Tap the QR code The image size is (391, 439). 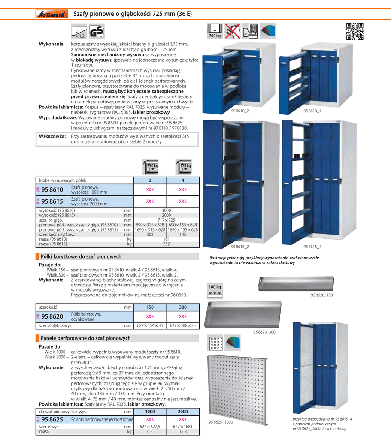pyautogui.click(x=355, y=31)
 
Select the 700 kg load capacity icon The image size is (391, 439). pyautogui.click(x=214, y=31)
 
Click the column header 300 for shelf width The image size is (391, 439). pyautogui.click(x=182, y=307)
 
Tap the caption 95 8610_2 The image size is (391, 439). pyautogui.click(x=240, y=111)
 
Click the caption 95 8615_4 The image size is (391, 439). pyautogui.click(x=312, y=246)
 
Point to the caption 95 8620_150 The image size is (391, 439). pyautogui.click(x=322, y=295)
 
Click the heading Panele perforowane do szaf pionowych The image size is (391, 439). pyautogui.click(x=85, y=338)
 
